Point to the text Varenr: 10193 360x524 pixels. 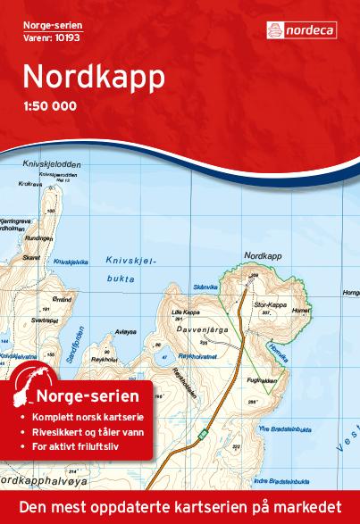(46, 38)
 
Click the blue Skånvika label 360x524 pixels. (205, 287)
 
